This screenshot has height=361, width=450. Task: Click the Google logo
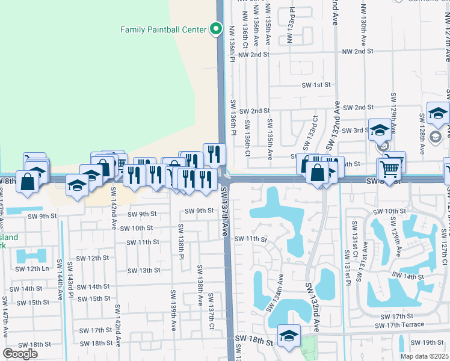20,354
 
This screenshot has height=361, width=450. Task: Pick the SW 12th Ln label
31,268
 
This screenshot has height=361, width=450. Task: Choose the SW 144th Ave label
60,280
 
